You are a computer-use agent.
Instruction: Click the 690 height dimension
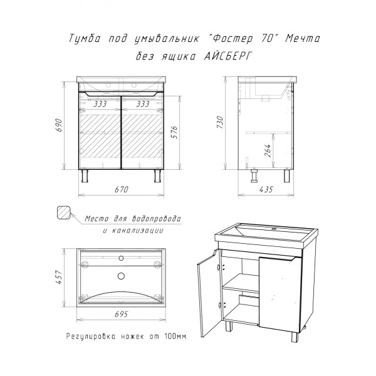click(x=60, y=125)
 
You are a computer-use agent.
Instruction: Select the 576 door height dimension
click(x=175, y=132)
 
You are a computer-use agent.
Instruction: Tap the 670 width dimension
click(x=122, y=189)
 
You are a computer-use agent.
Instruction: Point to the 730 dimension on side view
click(x=220, y=122)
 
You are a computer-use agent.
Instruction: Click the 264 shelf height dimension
click(x=268, y=150)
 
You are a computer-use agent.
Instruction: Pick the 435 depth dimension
click(x=266, y=189)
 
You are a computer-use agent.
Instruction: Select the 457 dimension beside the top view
click(x=59, y=278)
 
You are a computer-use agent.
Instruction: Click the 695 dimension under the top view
click(x=122, y=314)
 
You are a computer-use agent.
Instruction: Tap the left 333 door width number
click(x=100, y=104)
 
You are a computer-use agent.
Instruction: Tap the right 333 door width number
click(x=143, y=104)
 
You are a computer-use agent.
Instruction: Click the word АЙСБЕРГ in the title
click(x=228, y=56)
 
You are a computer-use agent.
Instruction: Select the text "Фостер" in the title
click(x=232, y=38)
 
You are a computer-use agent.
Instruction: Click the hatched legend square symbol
click(x=64, y=212)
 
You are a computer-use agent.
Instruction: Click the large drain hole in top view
click(x=122, y=276)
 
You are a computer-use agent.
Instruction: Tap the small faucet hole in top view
click(x=121, y=258)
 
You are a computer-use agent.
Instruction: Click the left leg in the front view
click(x=85, y=175)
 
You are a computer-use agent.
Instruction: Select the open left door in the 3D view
click(x=208, y=293)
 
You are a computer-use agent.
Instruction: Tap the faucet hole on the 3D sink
click(x=274, y=229)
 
